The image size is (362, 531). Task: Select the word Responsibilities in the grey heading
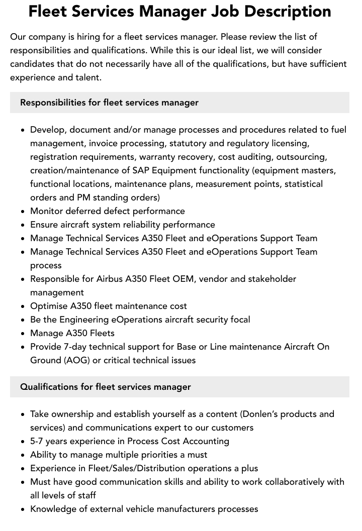(53, 102)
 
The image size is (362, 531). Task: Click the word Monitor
(47, 211)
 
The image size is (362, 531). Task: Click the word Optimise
(48, 306)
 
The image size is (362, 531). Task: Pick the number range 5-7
(38, 441)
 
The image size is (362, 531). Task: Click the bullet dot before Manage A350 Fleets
(23, 333)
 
